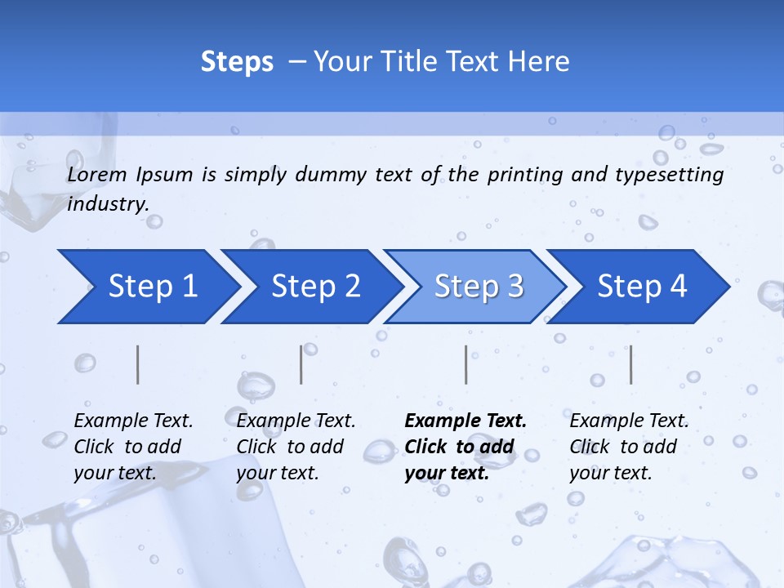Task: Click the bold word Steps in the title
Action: (x=237, y=62)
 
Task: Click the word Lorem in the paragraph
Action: (x=97, y=174)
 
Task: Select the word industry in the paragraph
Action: (x=106, y=203)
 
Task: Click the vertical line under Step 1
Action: (x=138, y=364)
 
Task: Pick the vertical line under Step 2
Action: (x=301, y=364)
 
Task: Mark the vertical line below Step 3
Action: (x=466, y=364)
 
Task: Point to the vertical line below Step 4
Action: (x=630, y=364)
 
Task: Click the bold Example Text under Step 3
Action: (x=465, y=421)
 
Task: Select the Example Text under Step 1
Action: (x=133, y=421)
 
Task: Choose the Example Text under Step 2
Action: (x=296, y=421)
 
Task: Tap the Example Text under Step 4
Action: (x=629, y=421)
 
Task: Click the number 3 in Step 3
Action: (x=514, y=287)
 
